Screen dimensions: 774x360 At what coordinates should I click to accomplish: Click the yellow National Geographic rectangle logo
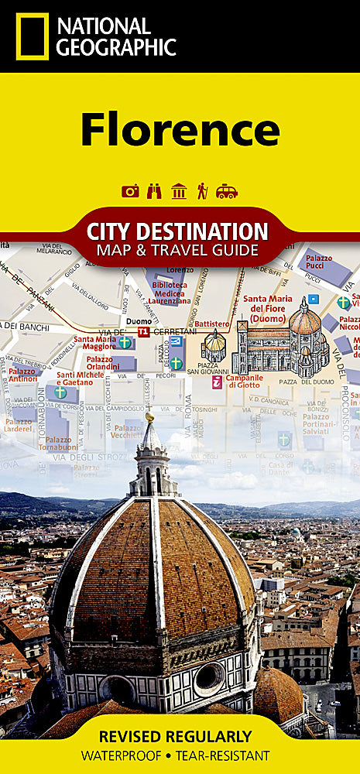(x=31, y=36)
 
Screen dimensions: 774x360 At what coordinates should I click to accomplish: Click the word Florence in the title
(x=180, y=129)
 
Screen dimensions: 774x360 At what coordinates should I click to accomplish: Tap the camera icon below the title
(x=130, y=191)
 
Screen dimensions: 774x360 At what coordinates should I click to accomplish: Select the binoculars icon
(x=154, y=191)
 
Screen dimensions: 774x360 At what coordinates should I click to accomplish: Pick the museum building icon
(x=179, y=191)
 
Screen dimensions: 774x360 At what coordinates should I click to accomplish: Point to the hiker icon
(x=202, y=191)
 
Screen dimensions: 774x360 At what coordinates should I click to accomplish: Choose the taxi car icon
(x=227, y=191)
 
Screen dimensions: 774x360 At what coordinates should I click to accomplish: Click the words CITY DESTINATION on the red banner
(x=177, y=231)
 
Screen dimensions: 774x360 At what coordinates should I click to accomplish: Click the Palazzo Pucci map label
(x=318, y=262)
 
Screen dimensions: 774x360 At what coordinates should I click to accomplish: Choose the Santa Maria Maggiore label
(x=94, y=343)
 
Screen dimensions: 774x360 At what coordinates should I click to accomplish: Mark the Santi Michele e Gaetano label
(x=81, y=379)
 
